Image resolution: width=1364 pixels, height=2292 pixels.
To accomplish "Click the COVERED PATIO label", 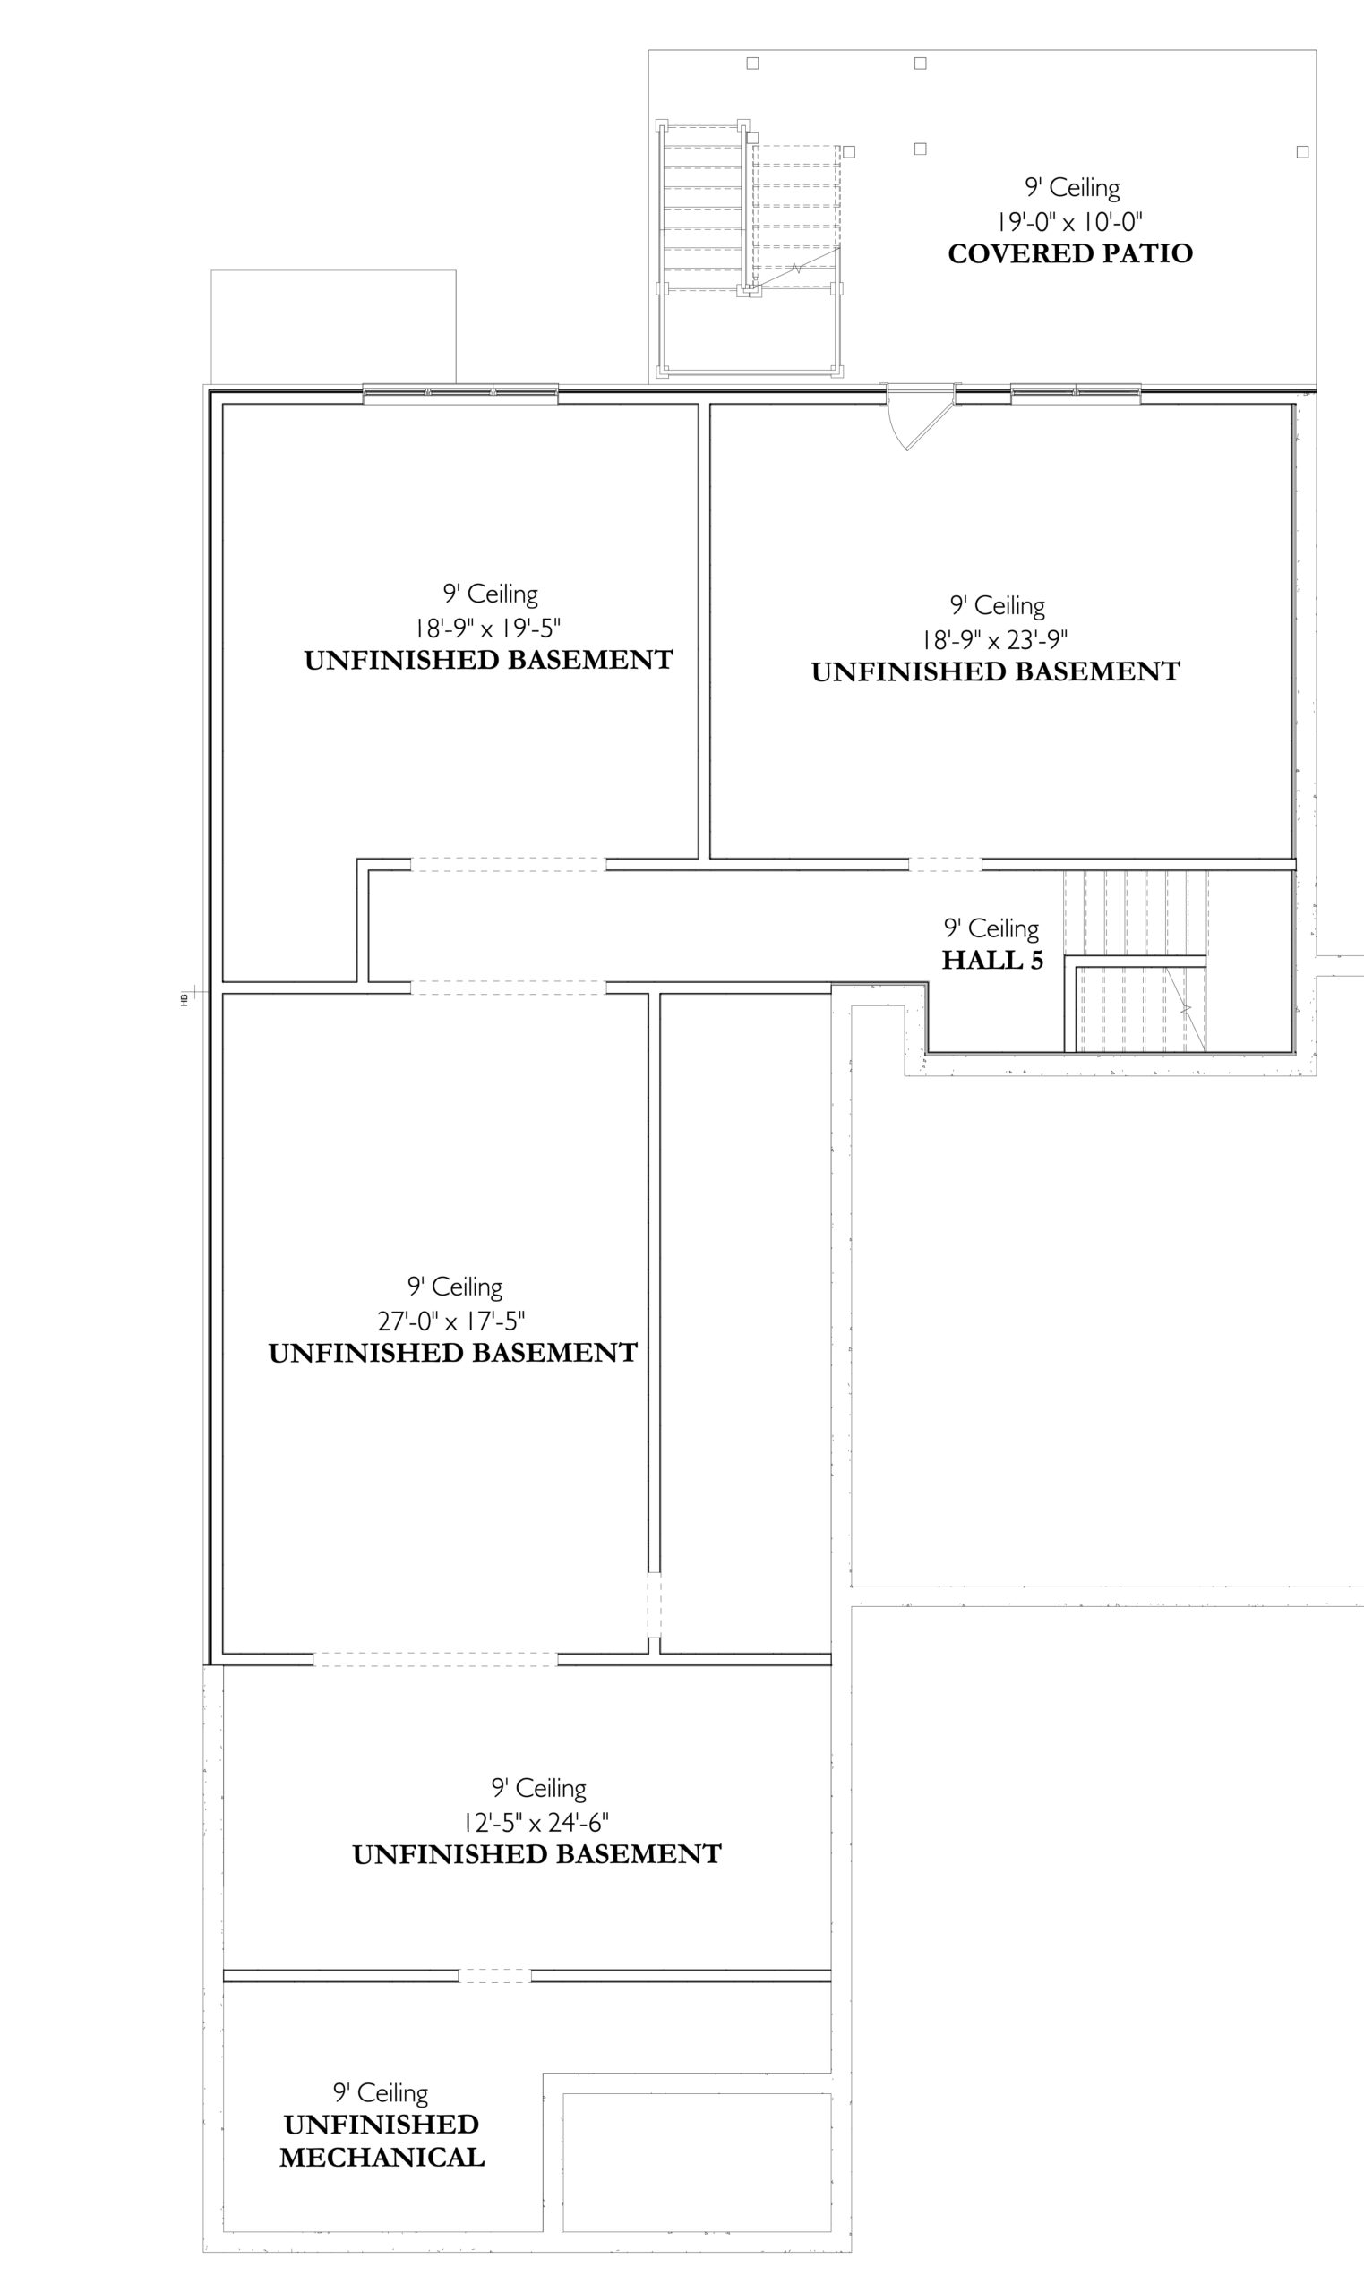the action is [1070, 253].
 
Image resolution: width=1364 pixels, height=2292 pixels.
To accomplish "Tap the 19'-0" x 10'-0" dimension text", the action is [1070, 221].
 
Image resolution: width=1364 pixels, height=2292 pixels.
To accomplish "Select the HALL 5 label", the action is [992, 960].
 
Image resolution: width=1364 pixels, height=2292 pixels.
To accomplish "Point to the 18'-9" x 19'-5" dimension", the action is [487, 629].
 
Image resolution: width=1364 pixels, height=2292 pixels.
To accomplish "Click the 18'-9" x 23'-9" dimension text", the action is [995, 639].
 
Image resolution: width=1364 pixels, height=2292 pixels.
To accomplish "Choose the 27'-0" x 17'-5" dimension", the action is [451, 1321].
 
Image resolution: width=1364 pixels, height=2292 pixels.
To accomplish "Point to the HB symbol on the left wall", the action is [184, 999].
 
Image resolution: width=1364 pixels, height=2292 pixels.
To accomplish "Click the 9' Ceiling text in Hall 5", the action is [991, 928].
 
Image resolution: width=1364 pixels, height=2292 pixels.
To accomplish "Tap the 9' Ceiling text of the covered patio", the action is [1072, 188].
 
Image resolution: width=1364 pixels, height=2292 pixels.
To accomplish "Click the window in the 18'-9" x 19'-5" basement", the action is [459, 394].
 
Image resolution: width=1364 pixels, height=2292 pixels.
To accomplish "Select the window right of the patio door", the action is [1076, 394].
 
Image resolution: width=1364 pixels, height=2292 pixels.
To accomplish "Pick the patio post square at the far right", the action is [1301, 152].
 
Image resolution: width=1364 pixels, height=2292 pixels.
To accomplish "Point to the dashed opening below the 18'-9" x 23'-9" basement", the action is [945, 865].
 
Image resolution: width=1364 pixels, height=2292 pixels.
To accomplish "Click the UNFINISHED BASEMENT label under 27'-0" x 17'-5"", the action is [452, 1353].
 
